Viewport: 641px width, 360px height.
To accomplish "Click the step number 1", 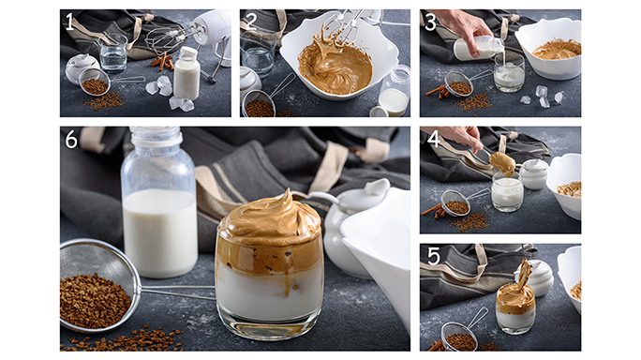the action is point(70,22).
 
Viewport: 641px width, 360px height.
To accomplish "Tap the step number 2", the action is point(250,22).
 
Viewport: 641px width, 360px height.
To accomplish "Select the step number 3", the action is point(430,22).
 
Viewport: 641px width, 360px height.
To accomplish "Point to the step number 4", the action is point(433,139).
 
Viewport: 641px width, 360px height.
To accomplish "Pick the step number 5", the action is point(433,257).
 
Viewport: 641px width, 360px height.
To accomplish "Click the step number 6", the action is point(71,140).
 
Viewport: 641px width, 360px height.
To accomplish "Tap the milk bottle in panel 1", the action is point(186,73).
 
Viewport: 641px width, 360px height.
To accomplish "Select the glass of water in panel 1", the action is point(112,53).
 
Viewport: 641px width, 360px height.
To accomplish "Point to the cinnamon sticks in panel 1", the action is point(163,61).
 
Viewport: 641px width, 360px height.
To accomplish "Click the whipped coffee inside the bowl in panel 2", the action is point(335,66).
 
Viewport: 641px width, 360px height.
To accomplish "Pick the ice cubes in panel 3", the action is point(541,97).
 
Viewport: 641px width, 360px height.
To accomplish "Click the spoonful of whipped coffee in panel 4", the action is point(503,163).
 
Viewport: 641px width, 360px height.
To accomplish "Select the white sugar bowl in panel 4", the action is point(533,174).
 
